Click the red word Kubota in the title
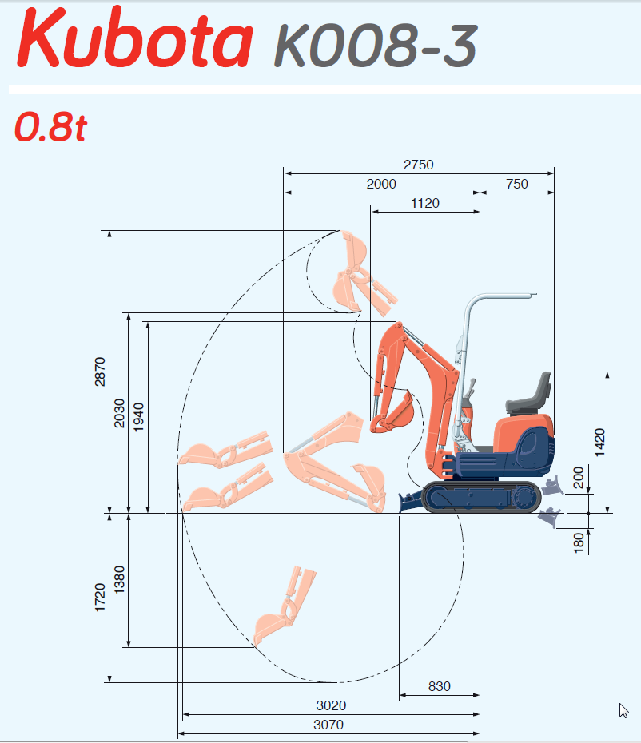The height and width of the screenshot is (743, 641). pyautogui.click(x=134, y=38)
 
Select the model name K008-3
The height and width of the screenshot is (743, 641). pyautogui.click(x=376, y=46)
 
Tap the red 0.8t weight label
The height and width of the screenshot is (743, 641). pyautogui.click(x=50, y=126)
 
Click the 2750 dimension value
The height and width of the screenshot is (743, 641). pyautogui.click(x=418, y=165)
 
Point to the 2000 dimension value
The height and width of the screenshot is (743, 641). pyautogui.click(x=381, y=184)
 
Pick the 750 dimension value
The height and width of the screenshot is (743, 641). pyautogui.click(x=517, y=184)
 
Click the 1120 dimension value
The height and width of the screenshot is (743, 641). pyautogui.click(x=425, y=203)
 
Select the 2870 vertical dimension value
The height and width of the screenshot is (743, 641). pyautogui.click(x=100, y=372)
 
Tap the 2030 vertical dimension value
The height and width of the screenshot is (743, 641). pyautogui.click(x=119, y=413)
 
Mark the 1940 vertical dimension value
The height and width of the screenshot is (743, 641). pyautogui.click(x=138, y=417)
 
